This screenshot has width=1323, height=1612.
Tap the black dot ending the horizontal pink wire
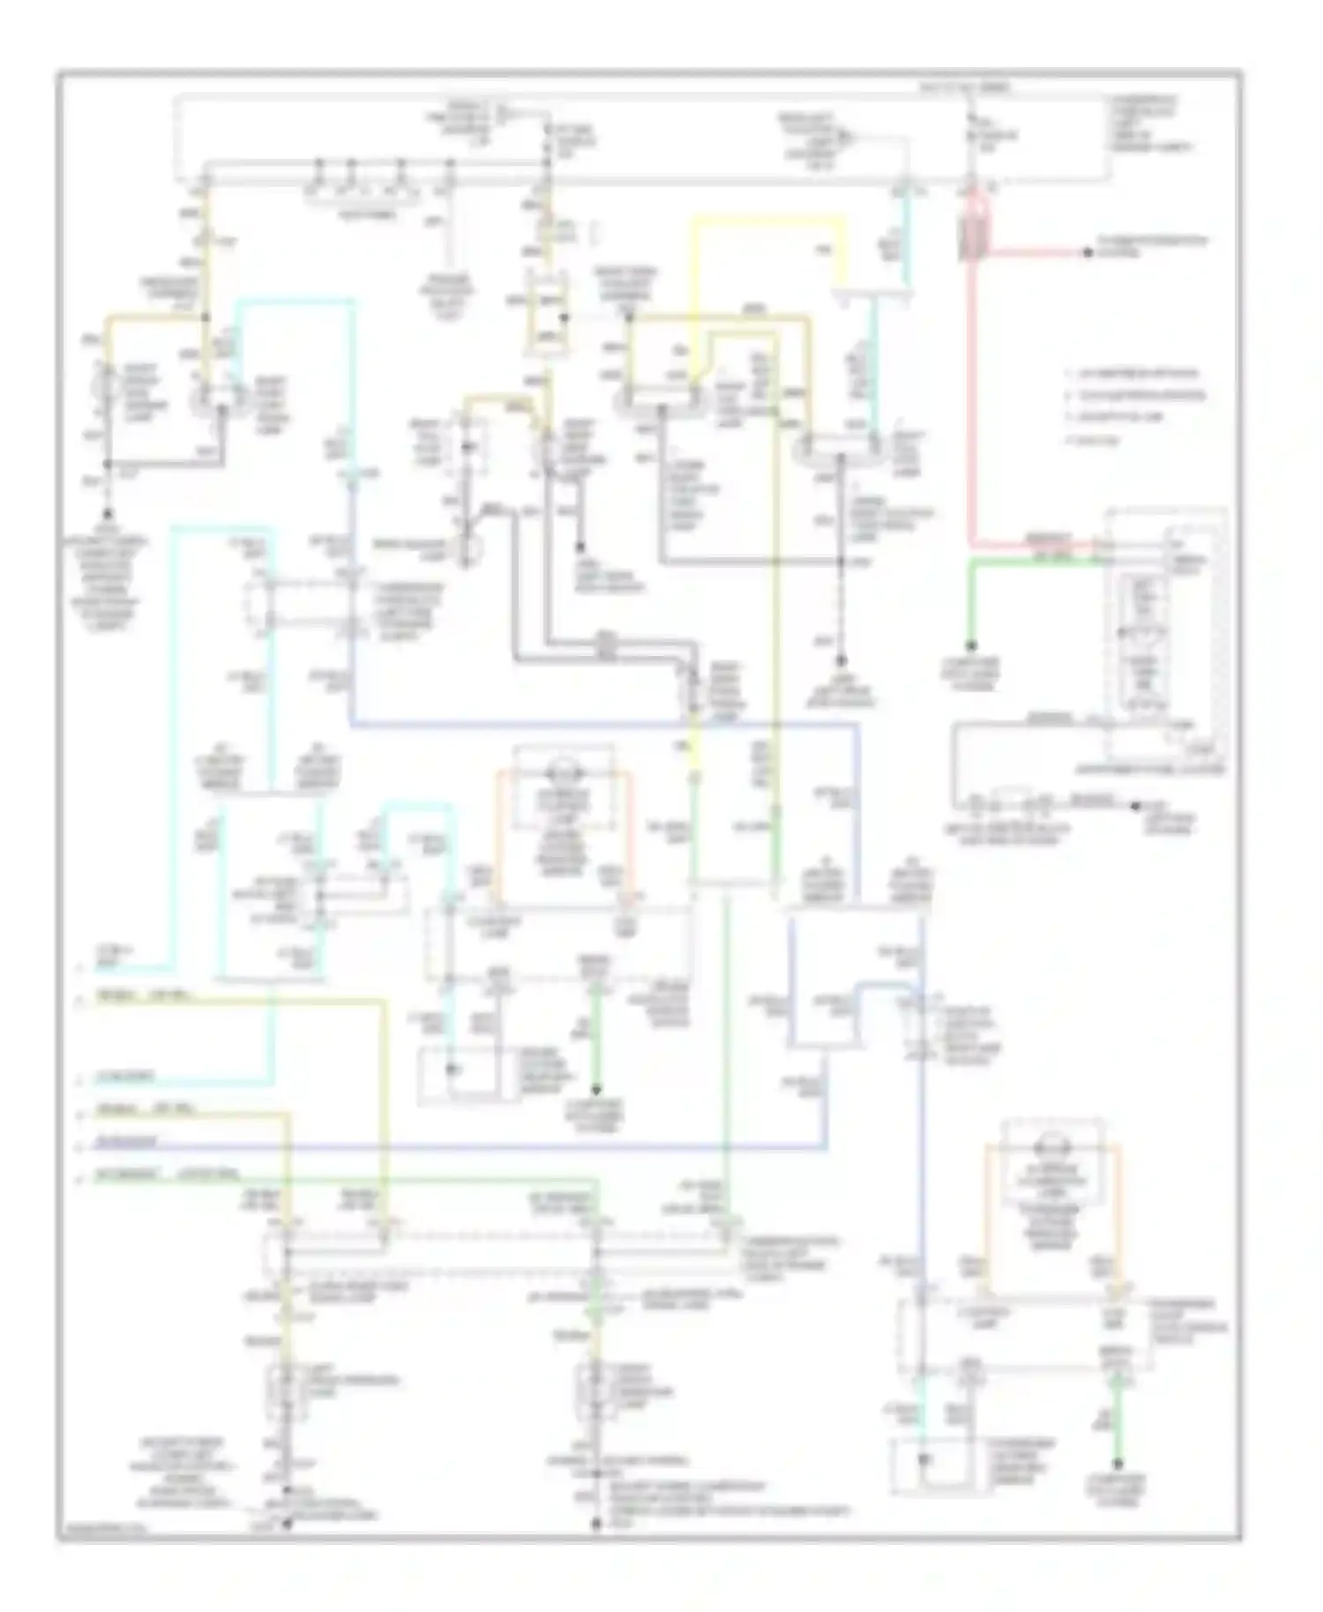click(1088, 253)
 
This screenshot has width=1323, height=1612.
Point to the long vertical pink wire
click(972, 397)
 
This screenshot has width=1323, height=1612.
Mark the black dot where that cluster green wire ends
click(971, 646)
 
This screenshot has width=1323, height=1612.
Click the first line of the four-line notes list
click(1132, 373)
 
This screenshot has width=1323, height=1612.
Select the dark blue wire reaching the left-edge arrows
click(441, 1147)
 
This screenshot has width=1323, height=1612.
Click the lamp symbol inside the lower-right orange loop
click(1051, 1148)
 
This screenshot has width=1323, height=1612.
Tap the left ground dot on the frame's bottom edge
click(285, 1523)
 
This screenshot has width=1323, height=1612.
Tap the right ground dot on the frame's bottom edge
click(595, 1523)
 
